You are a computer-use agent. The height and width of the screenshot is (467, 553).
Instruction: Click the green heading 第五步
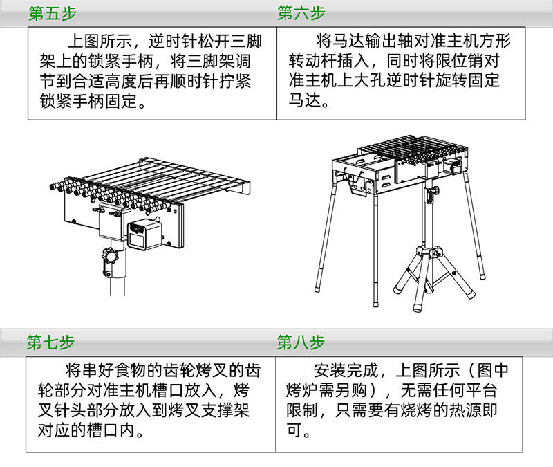[52, 13]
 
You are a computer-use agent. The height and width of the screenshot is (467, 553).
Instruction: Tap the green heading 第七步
[50, 342]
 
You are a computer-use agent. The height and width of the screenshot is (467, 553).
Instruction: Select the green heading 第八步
[301, 342]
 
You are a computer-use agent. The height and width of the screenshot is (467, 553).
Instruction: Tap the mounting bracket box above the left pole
[111, 222]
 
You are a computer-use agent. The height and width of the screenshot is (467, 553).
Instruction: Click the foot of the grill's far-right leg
[474, 294]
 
